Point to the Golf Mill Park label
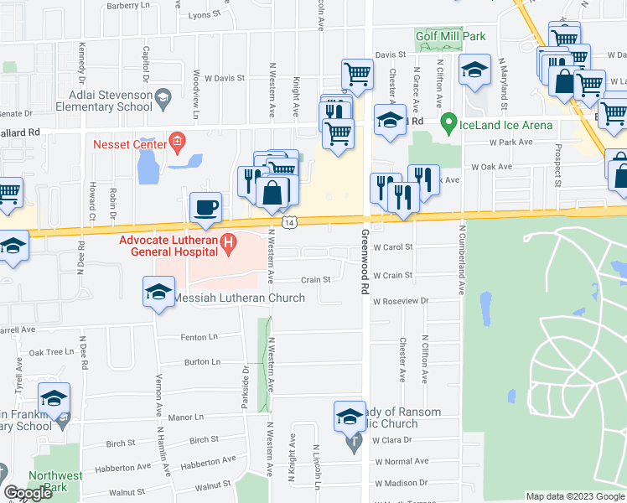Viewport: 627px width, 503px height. click(x=450, y=36)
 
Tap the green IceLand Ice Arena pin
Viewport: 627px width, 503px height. click(x=449, y=125)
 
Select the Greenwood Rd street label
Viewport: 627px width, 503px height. click(x=365, y=260)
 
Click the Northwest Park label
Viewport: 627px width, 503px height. click(x=55, y=481)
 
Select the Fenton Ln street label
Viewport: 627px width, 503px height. click(x=199, y=336)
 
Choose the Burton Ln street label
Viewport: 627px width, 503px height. click(x=202, y=362)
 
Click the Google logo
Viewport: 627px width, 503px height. click(x=28, y=493)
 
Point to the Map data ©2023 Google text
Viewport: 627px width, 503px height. click(x=574, y=496)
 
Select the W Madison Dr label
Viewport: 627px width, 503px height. click(x=402, y=483)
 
